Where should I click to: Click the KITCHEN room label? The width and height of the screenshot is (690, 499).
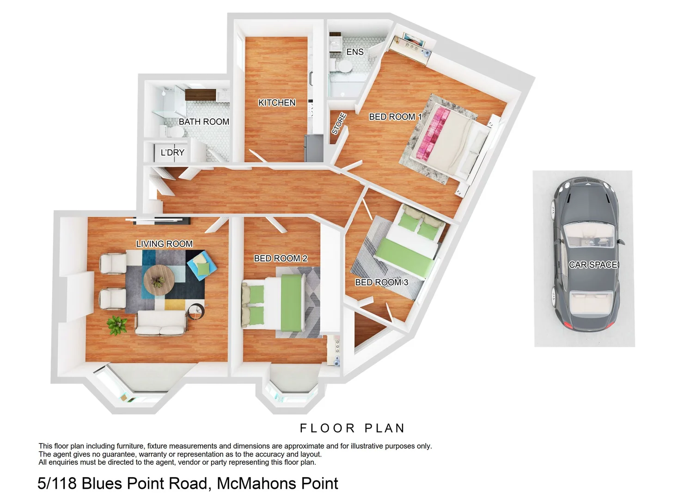coord(277,103)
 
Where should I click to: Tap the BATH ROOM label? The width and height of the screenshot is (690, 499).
coord(204,122)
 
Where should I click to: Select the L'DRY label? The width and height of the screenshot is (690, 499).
coord(172,152)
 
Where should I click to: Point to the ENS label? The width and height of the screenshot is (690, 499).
coord(355,52)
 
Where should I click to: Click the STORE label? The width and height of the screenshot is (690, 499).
coord(339,124)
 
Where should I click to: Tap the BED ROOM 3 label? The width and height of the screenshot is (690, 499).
coord(381,282)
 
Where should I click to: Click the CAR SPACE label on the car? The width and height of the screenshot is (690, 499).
coord(593,265)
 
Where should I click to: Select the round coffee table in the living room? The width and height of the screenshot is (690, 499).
coord(159,280)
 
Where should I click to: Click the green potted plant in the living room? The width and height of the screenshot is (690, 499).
coord(116,324)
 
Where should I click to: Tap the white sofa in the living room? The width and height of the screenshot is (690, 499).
coord(161,323)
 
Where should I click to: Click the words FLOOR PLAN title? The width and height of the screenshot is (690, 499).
coord(352,428)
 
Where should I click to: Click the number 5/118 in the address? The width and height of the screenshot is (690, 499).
coord(57,483)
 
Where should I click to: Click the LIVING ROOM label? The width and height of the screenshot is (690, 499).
coord(164,244)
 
